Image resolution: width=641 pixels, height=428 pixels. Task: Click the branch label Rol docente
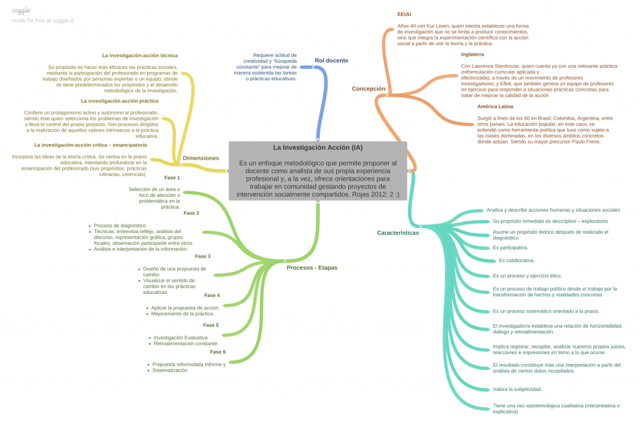[331, 61]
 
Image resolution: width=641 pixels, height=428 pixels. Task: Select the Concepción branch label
[369, 89]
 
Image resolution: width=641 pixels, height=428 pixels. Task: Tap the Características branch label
[397, 232]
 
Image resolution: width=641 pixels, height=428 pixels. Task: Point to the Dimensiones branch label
[200, 158]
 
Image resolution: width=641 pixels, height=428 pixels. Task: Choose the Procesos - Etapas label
[312, 268]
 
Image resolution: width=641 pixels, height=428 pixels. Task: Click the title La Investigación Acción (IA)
[317, 148]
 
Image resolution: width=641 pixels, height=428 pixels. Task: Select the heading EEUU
[404, 14]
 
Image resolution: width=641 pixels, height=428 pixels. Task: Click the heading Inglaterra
[472, 55]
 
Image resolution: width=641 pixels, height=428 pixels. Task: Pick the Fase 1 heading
[172, 177]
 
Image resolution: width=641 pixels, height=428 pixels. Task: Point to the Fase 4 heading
[212, 295]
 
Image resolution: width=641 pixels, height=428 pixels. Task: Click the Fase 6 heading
[217, 352]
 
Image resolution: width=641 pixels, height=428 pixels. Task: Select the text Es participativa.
[510, 248]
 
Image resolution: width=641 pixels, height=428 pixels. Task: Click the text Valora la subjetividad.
[517, 389]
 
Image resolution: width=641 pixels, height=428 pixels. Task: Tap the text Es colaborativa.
[516, 260]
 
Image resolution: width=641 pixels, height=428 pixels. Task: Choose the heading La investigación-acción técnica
[140, 55]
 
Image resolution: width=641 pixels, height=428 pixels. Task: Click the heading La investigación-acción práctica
[119, 100]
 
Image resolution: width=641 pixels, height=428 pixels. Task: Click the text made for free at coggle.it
[42, 21]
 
